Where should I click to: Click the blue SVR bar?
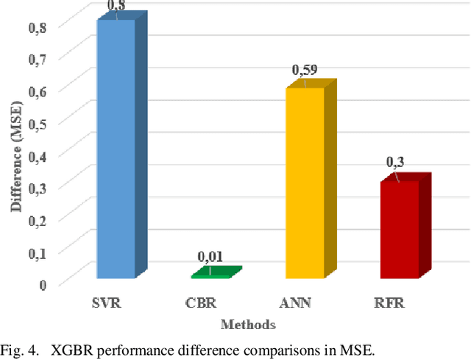click(116, 147)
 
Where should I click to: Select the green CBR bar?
click(212, 274)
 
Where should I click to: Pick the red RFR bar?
click(399, 228)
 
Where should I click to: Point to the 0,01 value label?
click(210, 257)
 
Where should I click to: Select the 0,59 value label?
click(305, 71)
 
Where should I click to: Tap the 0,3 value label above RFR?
click(396, 162)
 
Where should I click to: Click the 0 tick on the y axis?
click(43, 283)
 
